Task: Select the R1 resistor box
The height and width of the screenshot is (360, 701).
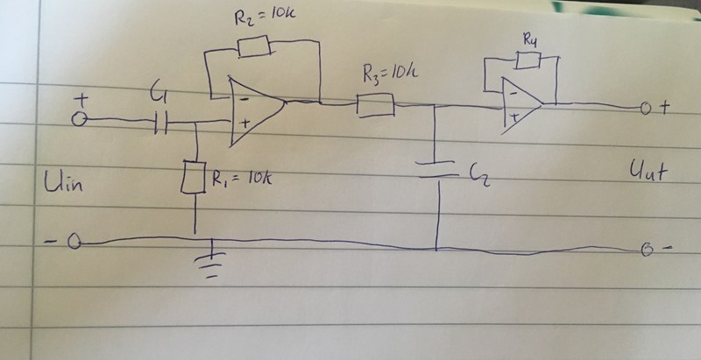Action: [193, 178]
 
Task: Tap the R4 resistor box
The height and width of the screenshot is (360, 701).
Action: [528, 60]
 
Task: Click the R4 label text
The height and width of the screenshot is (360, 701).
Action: [529, 39]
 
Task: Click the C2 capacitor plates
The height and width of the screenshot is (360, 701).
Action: [435, 169]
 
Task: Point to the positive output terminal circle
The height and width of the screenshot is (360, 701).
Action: [646, 110]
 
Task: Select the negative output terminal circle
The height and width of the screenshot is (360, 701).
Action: [648, 251]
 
